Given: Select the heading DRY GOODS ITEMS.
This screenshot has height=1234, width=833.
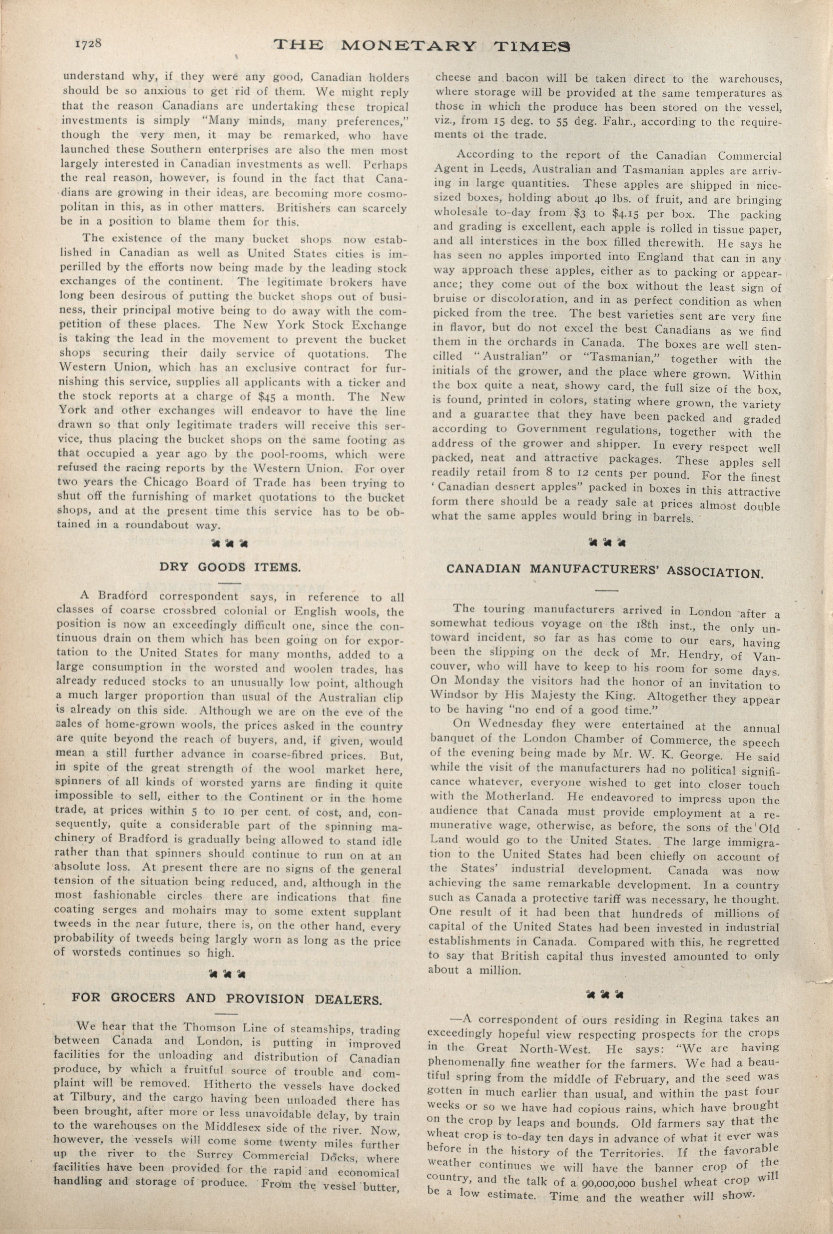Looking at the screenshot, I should (x=230, y=566).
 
